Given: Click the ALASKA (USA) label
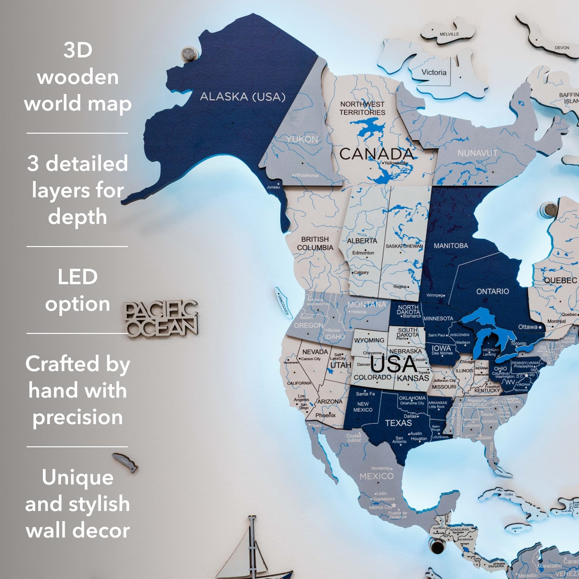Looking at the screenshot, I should point(243,96).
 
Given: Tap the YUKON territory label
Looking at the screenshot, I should point(302,139).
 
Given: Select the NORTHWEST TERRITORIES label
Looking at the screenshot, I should point(362,108).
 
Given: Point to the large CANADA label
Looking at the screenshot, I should point(377,154).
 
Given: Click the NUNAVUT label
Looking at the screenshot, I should point(477,153).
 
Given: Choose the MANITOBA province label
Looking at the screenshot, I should point(451,246).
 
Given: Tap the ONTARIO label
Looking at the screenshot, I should point(492,291).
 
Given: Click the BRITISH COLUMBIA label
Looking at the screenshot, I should point(315,243).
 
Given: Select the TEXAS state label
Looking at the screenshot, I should point(399,423).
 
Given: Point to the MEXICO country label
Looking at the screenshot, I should point(376,476).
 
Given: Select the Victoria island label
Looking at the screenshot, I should point(434,72).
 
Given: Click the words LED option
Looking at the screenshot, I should point(78,290).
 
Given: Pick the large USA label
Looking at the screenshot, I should point(394,364).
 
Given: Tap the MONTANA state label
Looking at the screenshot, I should point(367,304).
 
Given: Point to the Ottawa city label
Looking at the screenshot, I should point(528,327).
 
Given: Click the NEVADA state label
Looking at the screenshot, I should point(315,352).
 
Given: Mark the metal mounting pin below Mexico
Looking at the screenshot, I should point(438,547).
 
